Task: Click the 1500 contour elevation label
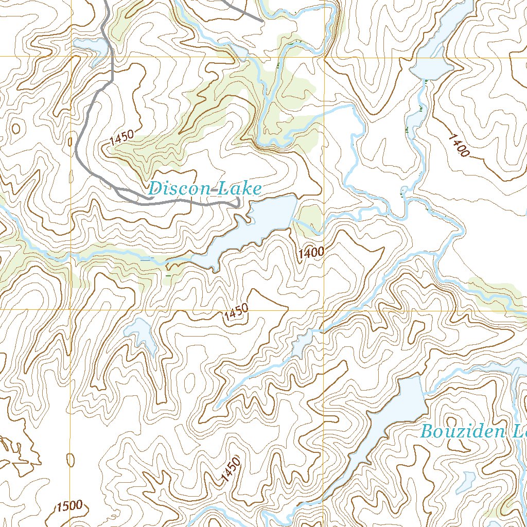[x=69, y=506]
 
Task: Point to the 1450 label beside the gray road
[x=122, y=137]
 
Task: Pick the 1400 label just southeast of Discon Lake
[x=310, y=252]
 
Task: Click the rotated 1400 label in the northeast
[x=459, y=145]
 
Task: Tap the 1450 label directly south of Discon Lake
[x=236, y=313]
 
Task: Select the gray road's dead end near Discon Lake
[x=238, y=205]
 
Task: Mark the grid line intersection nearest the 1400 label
[x=324, y=310]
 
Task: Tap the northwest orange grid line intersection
[x=71, y=56]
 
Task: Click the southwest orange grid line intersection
[x=71, y=310]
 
